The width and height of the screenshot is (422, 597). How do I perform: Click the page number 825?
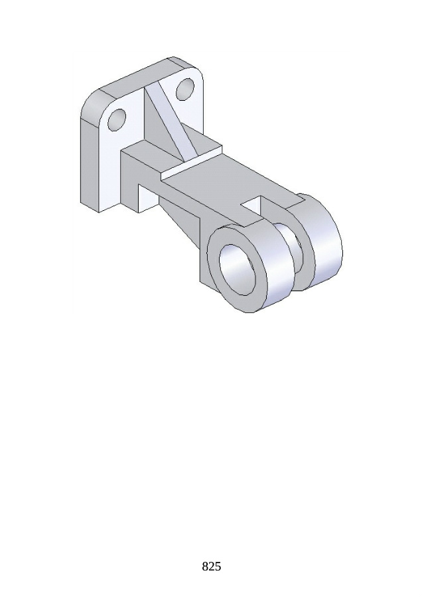click(211, 566)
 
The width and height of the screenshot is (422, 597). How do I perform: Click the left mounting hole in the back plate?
click(117, 120)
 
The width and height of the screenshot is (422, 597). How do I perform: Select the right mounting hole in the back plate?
click(185, 89)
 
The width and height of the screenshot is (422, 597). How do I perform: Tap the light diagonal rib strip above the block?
click(171, 123)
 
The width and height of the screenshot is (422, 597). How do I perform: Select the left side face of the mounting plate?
click(90, 163)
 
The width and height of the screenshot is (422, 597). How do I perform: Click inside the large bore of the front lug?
click(238, 269)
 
